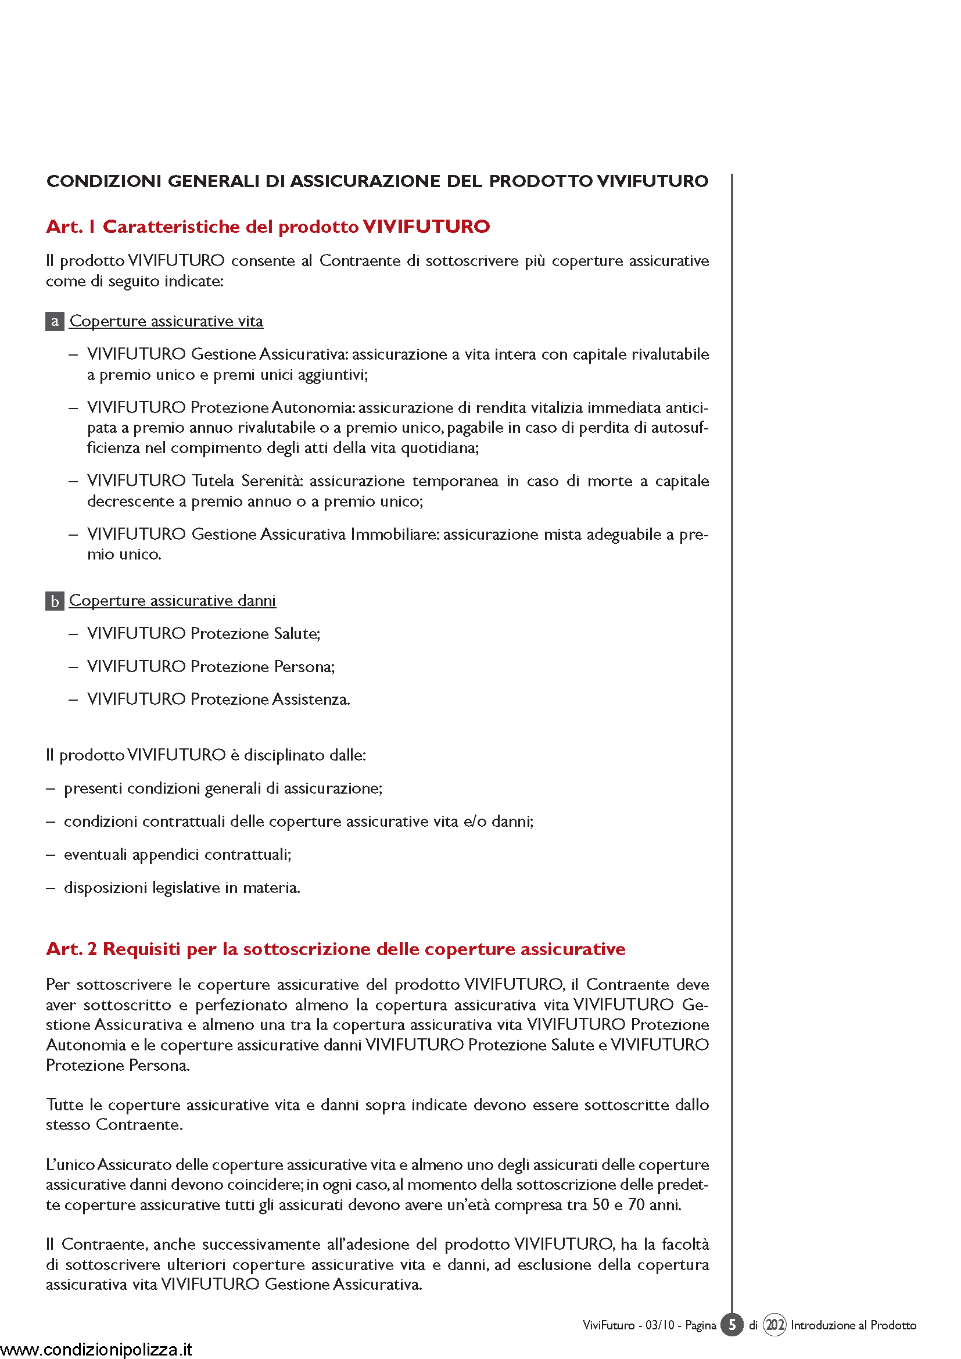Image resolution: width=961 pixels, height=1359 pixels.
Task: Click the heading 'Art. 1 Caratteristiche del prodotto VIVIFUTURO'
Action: pos(267,227)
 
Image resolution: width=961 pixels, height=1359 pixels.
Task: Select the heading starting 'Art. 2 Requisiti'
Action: pos(335,949)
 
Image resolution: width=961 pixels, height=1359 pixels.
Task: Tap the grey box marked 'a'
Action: pos(55,321)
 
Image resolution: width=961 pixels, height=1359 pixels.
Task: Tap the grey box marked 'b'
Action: pos(55,601)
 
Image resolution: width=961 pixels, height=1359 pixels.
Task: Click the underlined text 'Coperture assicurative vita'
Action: pos(166,321)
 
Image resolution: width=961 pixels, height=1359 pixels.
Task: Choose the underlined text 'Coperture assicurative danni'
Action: pos(172,601)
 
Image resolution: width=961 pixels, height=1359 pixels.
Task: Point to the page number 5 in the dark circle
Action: pos(732,1325)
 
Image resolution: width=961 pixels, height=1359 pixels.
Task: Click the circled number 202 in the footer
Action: pos(774,1325)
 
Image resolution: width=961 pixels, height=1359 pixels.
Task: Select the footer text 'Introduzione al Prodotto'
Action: pos(854,1325)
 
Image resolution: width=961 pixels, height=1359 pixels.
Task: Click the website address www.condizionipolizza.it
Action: pos(96,1350)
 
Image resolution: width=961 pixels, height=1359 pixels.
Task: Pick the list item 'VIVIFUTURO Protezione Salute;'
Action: pos(203,634)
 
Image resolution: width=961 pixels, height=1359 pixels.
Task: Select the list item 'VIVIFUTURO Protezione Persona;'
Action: pos(211,667)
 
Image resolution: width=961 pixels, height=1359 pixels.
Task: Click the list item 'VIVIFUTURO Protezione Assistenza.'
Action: pos(218,700)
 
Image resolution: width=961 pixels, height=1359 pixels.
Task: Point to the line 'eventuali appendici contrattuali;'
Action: pos(178,855)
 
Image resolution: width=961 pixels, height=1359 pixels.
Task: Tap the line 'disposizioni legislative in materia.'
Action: pos(182,888)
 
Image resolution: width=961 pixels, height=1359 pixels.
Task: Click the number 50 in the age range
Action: pos(601,1205)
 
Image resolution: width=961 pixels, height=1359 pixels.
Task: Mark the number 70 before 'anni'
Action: pos(636,1205)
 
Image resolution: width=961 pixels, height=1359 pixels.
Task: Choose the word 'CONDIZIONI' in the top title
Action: pos(104,181)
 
